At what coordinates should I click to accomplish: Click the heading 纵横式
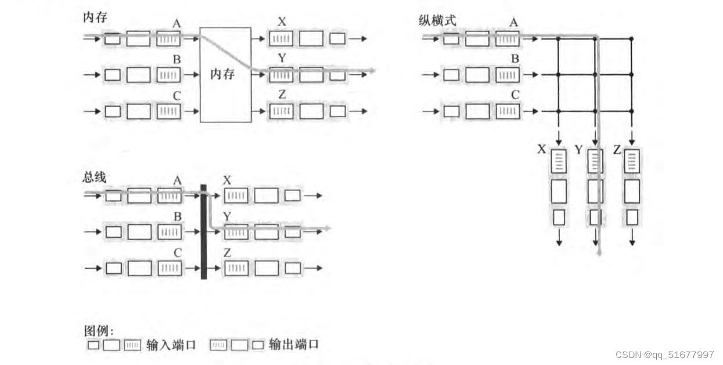437,20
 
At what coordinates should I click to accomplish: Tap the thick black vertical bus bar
203,231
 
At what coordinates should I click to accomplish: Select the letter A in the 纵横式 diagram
513,22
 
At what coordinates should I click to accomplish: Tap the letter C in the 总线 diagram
178,252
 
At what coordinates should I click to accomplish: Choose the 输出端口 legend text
294,345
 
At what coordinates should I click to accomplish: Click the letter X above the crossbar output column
541,150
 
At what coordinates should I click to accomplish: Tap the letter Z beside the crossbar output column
617,150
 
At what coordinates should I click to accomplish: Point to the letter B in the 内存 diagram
177,59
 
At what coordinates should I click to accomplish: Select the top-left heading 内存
95,18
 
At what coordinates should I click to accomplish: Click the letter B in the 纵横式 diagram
515,59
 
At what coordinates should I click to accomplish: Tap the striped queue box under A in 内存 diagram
168,39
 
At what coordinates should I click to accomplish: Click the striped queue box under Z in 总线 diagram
236,268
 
